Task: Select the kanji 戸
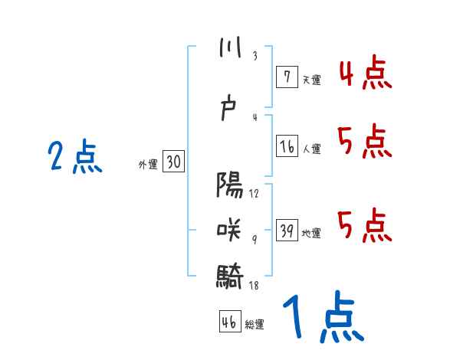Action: click(229, 110)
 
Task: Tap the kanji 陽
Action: click(229, 186)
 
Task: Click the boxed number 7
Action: click(286, 77)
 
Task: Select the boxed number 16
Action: click(287, 146)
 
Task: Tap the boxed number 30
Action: click(173, 162)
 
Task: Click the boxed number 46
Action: click(229, 321)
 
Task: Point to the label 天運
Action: click(311, 80)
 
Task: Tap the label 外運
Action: click(148, 164)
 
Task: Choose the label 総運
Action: click(255, 324)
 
